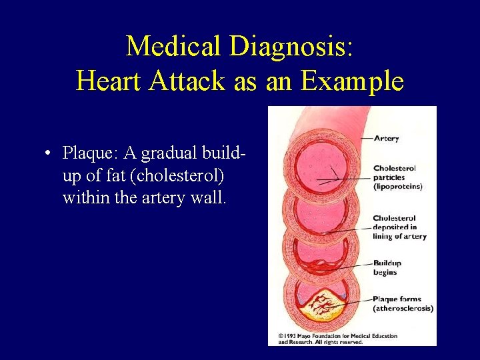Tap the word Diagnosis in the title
click(292, 46)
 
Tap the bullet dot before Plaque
click(49, 154)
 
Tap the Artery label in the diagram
click(386, 138)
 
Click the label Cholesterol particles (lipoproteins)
click(397, 177)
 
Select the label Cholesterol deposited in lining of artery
click(399, 227)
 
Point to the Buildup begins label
click(387, 267)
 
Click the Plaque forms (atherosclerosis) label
click(403, 304)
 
